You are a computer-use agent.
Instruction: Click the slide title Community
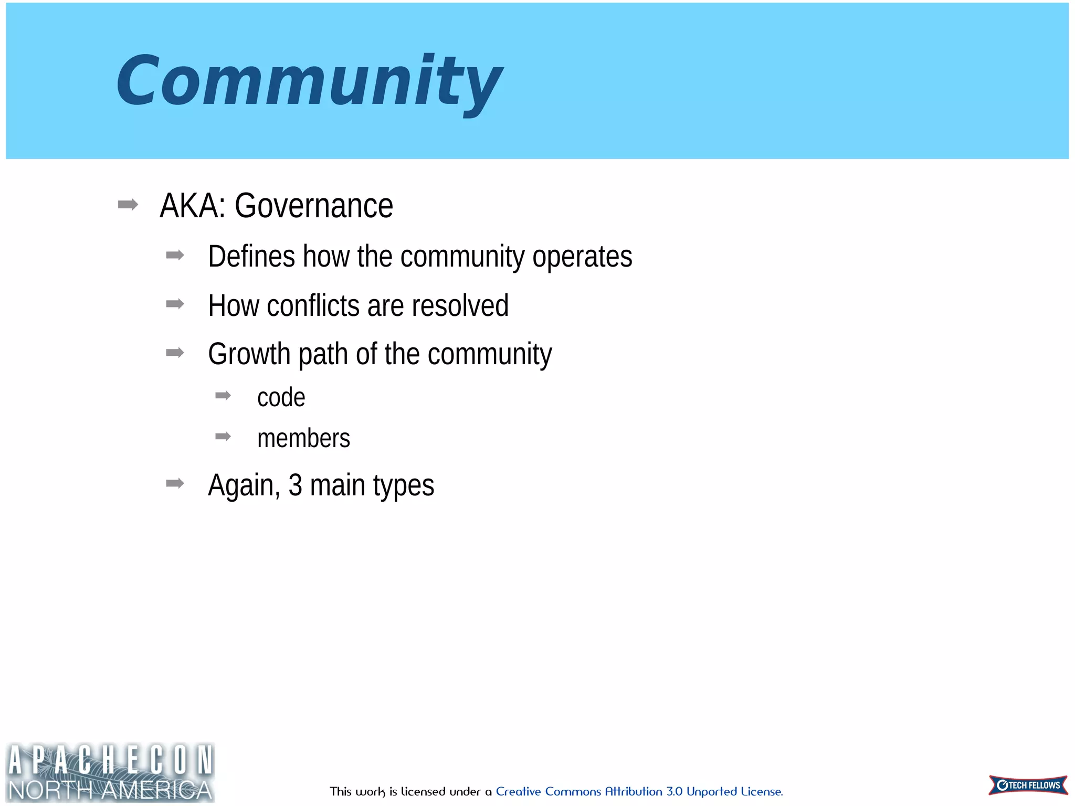point(309,81)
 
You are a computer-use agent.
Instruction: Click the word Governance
point(313,206)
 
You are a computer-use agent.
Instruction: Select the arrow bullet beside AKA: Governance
point(128,204)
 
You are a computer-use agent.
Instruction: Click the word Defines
point(251,257)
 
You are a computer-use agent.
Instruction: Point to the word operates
point(582,257)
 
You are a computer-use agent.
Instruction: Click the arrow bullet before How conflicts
point(175,304)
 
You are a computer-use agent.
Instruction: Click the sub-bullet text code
point(281,397)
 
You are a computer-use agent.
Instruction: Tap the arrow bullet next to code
point(223,396)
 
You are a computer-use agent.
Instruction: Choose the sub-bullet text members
point(303,438)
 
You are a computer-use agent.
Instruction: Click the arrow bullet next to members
point(223,437)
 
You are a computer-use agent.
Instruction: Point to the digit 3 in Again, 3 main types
point(295,485)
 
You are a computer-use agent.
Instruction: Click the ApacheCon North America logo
point(110,772)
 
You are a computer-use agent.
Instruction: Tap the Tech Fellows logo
point(1028,785)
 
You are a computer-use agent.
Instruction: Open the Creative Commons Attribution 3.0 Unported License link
point(639,791)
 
